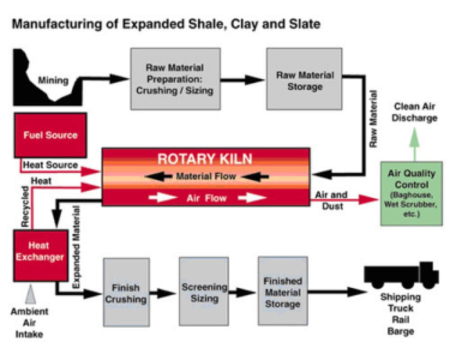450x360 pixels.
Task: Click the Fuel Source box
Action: point(50,135)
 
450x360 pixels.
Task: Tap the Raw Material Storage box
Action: point(305,80)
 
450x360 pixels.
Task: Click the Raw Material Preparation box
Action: point(175,79)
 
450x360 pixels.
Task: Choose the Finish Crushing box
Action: point(126,292)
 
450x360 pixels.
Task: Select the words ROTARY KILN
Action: point(205,158)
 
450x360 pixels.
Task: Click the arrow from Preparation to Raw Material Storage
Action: point(243,80)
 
